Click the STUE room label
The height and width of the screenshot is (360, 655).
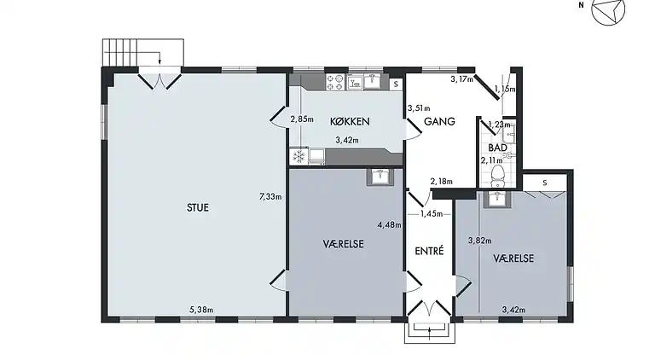[x=198, y=207]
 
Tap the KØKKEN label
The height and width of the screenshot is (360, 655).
[x=350, y=121]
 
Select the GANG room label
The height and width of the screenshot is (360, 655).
[x=439, y=121]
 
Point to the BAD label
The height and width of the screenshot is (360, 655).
[x=497, y=148]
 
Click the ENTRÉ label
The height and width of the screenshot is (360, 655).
[x=429, y=251]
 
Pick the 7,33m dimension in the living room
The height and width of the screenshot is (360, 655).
[x=270, y=197]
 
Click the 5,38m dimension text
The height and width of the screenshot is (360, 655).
[x=201, y=310]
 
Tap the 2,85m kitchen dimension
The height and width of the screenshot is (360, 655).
[x=302, y=119]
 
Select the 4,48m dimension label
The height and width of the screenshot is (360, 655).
[x=389, y=225]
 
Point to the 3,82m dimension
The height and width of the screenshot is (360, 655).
[x=479, y=241]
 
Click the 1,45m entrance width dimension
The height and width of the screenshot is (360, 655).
[x=432, y=214]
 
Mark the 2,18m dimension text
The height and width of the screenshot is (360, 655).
[x=442, y=182]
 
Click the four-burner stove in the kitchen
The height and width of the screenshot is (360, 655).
[x=335, y=82]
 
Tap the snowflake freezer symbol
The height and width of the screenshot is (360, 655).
[x=299, y=157]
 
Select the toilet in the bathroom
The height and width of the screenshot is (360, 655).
[x=497, y=176]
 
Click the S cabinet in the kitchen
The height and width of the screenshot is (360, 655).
[x=396, y=84]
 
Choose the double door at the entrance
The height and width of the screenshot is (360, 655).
[x=430, y=308]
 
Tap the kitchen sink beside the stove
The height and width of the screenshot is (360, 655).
[x=372, y=81]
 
